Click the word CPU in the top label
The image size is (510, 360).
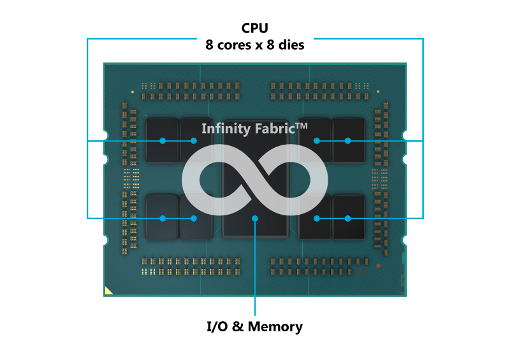tap(254, 28)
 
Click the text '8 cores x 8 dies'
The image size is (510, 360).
tap(254, 45)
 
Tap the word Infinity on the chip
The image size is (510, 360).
tap(226, 129)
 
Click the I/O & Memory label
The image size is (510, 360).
tap(254, 326)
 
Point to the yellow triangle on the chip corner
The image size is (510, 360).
tap(108, 291)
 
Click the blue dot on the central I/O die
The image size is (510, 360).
tap(255, 218)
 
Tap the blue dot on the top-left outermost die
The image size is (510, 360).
tap(163, 140)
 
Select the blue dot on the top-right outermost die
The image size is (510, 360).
tap(347, 140)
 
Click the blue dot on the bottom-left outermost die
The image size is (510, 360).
tap(163, 218)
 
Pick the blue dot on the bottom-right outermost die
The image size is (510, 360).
tap(347, 218)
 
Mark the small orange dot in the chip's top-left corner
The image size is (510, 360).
tap(133, 92)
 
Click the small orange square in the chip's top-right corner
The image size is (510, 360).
tap(378, 92)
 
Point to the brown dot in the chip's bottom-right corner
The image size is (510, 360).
tap(378, 266)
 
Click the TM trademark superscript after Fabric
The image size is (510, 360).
tap(302, 126)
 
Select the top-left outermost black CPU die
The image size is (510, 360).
tap(162, 140)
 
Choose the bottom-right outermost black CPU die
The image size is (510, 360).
tap(349, 217)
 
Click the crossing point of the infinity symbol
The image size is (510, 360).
tap(255, 180)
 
